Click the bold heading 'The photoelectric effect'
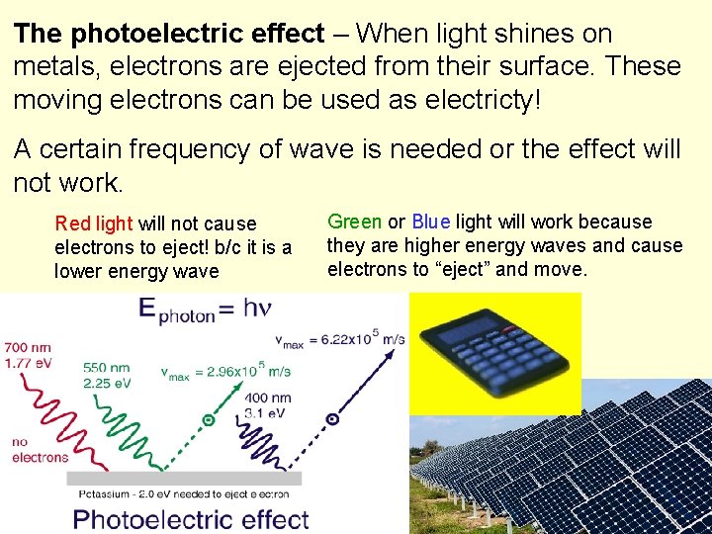(169, 34)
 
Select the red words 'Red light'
(95, 223)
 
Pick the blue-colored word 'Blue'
(431, 222)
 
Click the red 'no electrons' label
(40, 450)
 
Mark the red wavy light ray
(54, 405)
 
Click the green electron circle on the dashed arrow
(209, 419)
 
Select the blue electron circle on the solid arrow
(332, 418)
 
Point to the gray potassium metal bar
(184, 479)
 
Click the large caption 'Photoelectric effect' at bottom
(191, 518)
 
